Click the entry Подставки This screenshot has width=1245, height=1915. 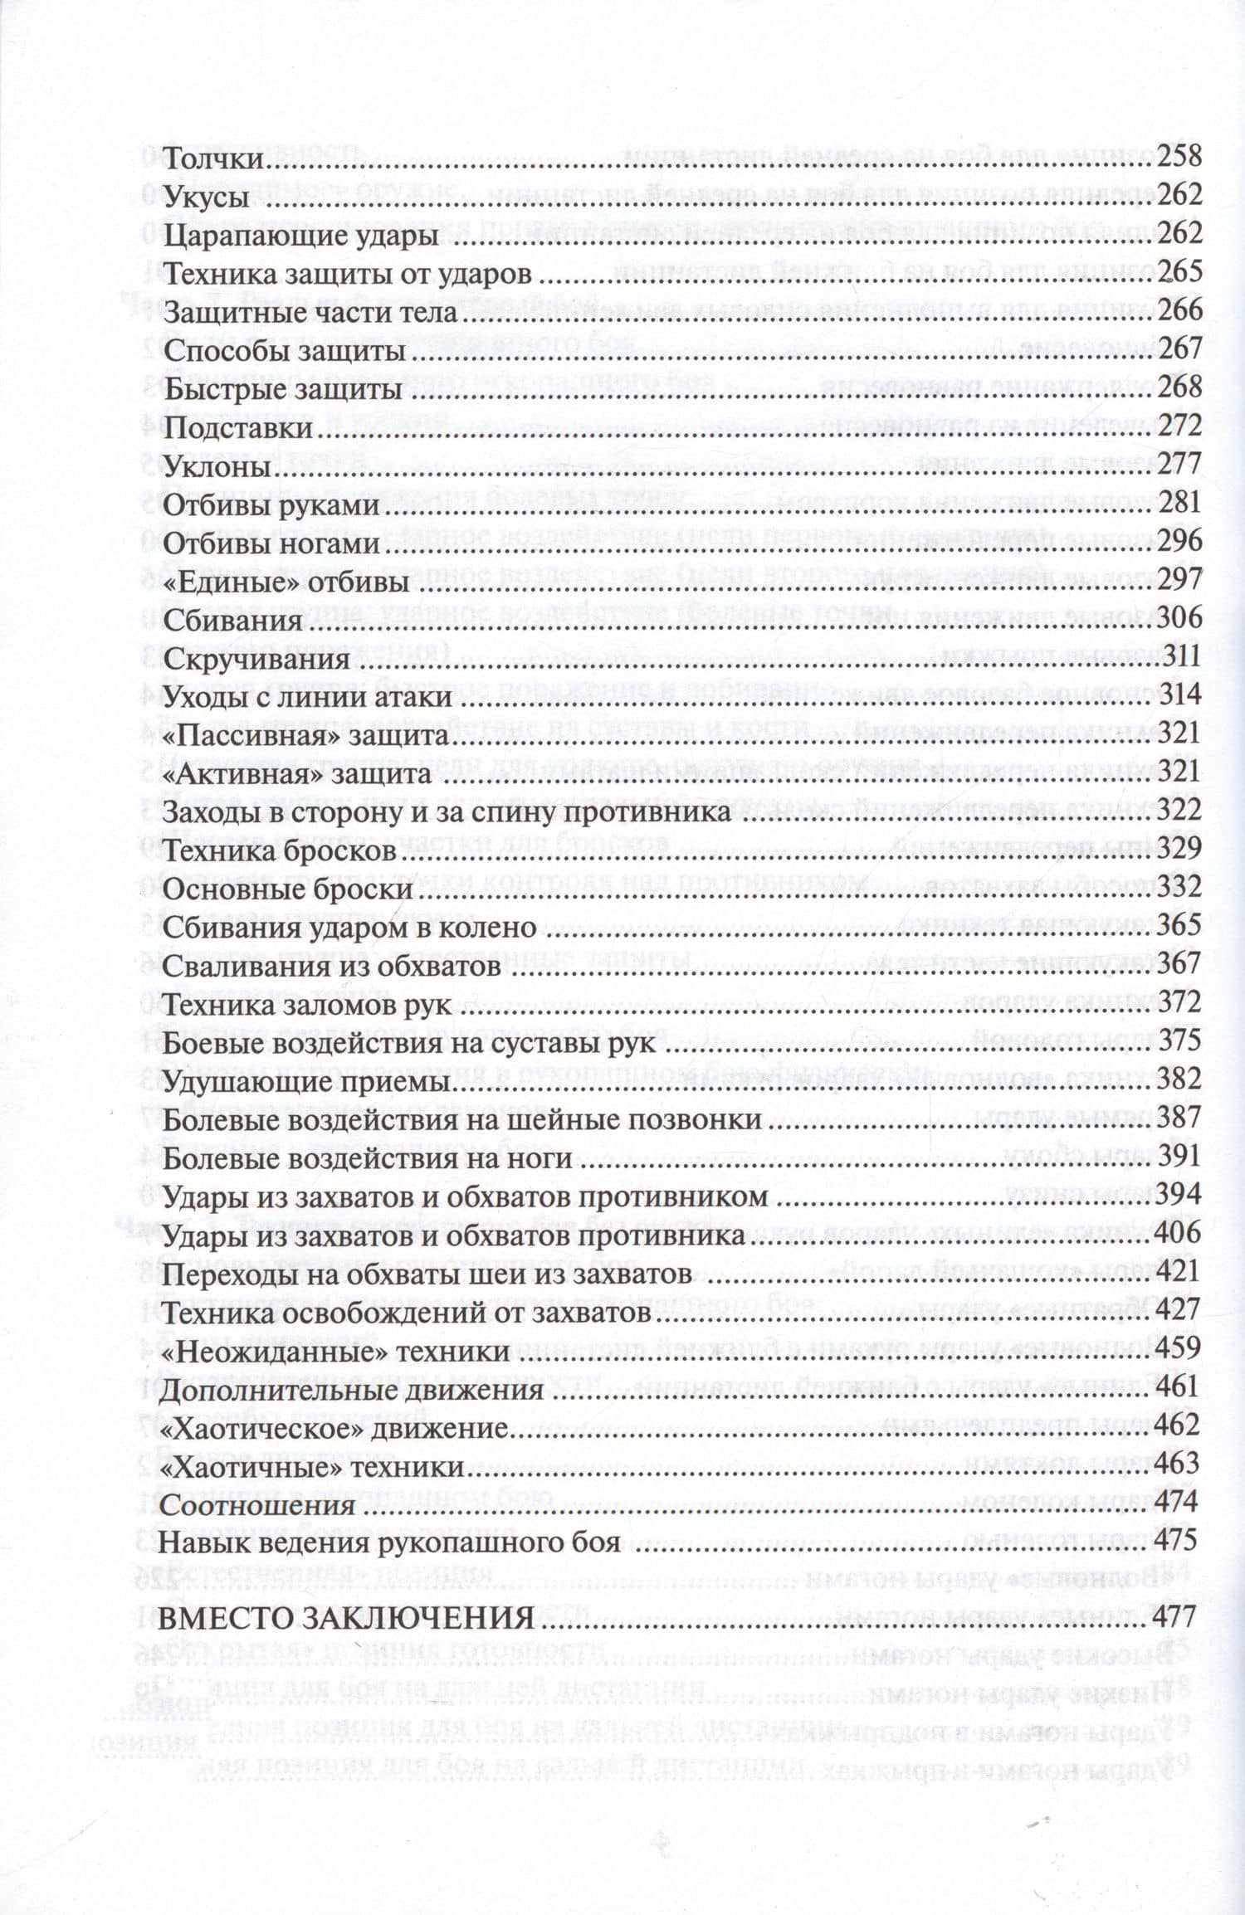[238, 429]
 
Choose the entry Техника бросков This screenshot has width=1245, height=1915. [279, 851]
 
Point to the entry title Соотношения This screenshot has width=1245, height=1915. [258, 1506]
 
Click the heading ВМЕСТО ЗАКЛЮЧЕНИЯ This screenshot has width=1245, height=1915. [349, 1618]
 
